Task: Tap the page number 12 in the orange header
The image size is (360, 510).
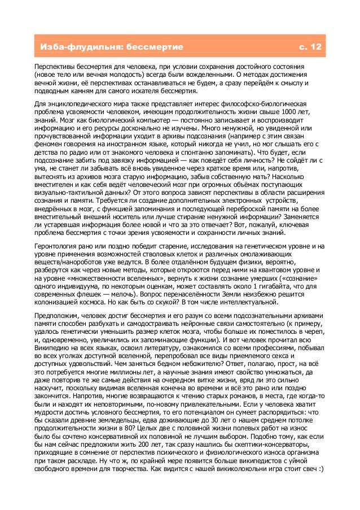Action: [x=315, y=46]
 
